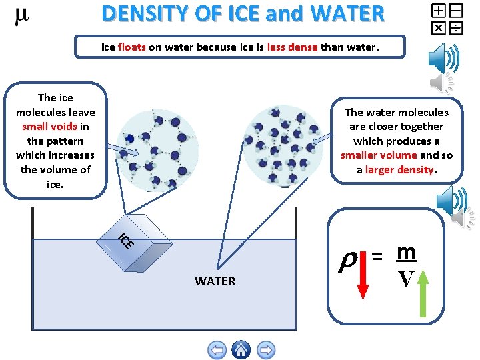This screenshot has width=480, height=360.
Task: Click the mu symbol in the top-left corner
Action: point(21,17)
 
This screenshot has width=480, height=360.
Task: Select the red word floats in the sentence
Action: point(132,47)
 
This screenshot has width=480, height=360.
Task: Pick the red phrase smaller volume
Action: point(378,155)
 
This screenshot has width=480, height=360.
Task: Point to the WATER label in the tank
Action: point(215,281)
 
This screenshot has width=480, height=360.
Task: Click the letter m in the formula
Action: point(405,251)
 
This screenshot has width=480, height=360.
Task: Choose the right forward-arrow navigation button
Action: point(266,349)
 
